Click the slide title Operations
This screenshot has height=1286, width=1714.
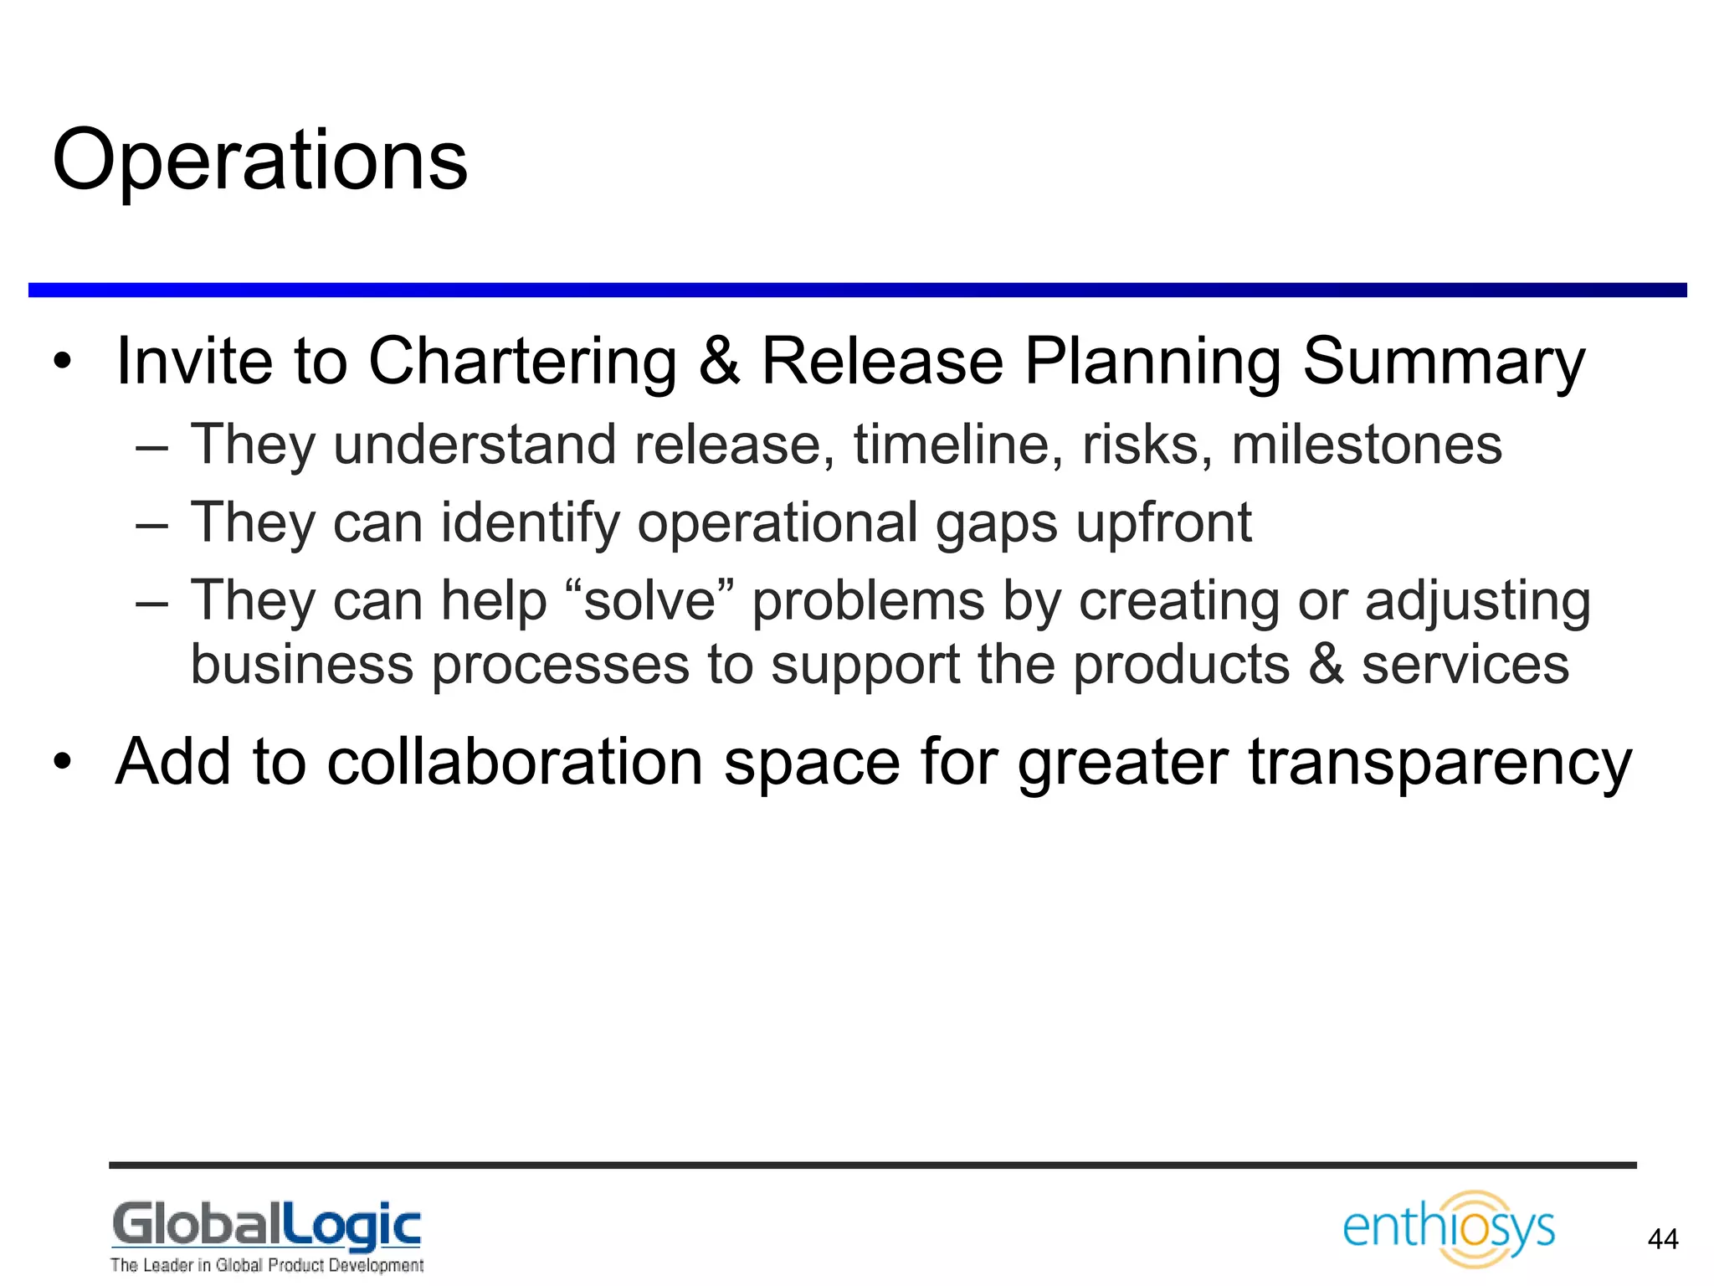[259, 161]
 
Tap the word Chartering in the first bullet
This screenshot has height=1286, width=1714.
[522, 362]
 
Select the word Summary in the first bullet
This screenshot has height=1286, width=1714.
[1444, 362]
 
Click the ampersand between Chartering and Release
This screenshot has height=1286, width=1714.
[719, 362]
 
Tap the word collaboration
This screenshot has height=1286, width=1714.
[515, 762]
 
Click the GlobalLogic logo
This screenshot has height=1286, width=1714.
[266, 1226]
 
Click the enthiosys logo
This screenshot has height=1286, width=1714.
[1449, 1229]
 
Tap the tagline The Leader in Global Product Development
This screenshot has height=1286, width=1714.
[266, 1265]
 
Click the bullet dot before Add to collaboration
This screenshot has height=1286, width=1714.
[62, 763]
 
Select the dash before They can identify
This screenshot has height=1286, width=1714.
[151, 526]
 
